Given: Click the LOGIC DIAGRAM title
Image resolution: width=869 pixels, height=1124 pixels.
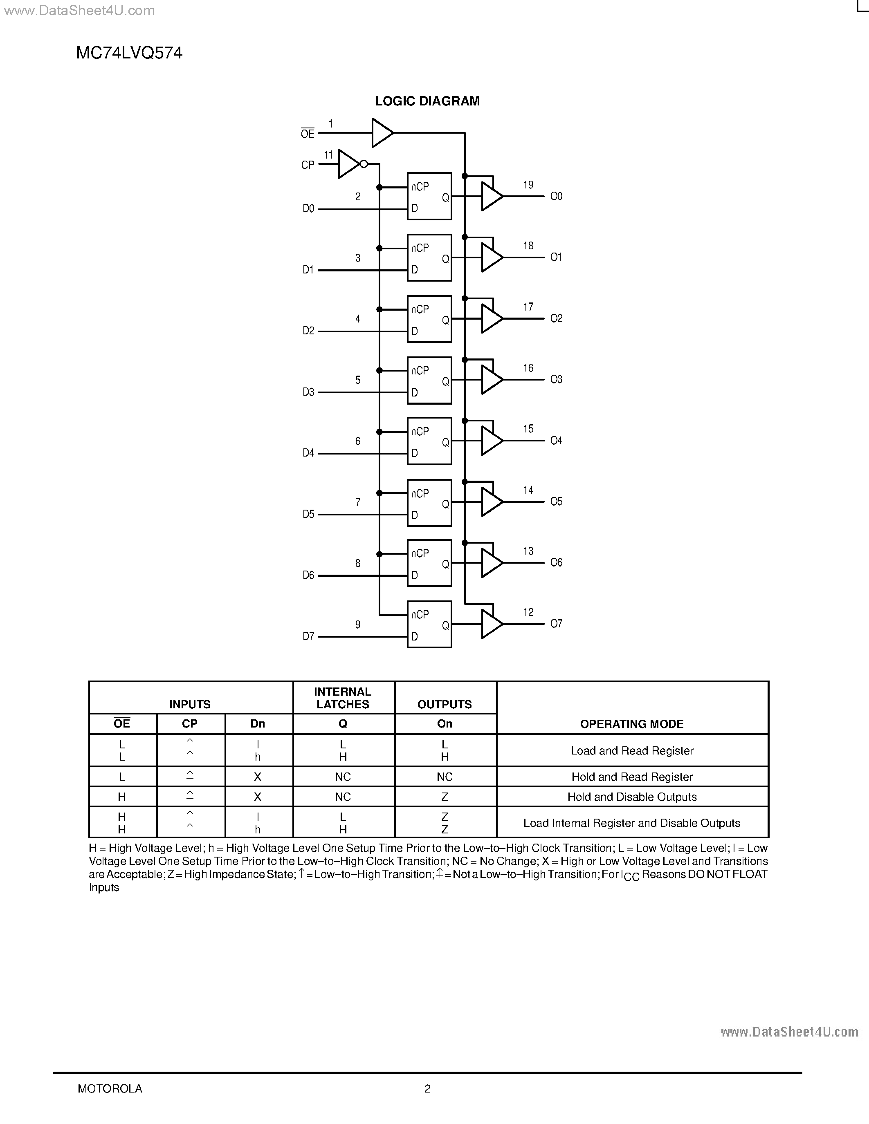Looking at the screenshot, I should tap(427, 101).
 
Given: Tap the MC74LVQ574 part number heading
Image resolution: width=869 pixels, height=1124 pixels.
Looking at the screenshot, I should tap(129, 53).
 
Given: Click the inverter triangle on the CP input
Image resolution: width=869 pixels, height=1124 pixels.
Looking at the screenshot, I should tap(348, 164).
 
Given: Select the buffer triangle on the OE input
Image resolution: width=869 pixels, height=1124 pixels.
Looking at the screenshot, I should tap(382, 133).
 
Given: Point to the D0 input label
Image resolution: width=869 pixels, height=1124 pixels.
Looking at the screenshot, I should tap(308, 208).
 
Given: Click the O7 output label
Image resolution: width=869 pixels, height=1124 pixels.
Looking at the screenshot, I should tap(556, 624).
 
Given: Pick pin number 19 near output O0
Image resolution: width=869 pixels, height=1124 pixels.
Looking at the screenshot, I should tap(528, 185).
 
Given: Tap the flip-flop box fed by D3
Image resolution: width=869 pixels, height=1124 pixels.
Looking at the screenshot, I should tap(429, 381).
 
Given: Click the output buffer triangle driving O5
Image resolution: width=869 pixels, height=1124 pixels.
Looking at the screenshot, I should tap(491, 502).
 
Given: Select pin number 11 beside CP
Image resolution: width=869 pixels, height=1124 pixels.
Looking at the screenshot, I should tap(328, 154).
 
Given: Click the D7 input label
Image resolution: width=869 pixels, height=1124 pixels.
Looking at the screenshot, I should tap(308, 637).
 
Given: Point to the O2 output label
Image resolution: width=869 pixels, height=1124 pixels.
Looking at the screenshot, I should tap(556, 318).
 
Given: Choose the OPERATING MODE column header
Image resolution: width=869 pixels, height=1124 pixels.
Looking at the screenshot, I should tap(632, 724).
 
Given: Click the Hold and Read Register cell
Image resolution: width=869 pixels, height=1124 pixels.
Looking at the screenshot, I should tap(632, 777).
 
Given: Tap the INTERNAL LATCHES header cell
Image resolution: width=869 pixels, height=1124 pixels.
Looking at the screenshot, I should tap(343, 698).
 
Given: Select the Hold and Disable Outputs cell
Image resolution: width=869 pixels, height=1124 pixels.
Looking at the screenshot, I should tap(632, 797).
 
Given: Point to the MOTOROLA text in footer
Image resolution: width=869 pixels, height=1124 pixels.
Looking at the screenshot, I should tap(110, 1088).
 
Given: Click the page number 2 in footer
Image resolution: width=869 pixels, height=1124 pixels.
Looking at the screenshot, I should tap(427, 1088).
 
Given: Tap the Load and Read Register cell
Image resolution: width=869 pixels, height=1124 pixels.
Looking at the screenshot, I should tap(632, 750).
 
